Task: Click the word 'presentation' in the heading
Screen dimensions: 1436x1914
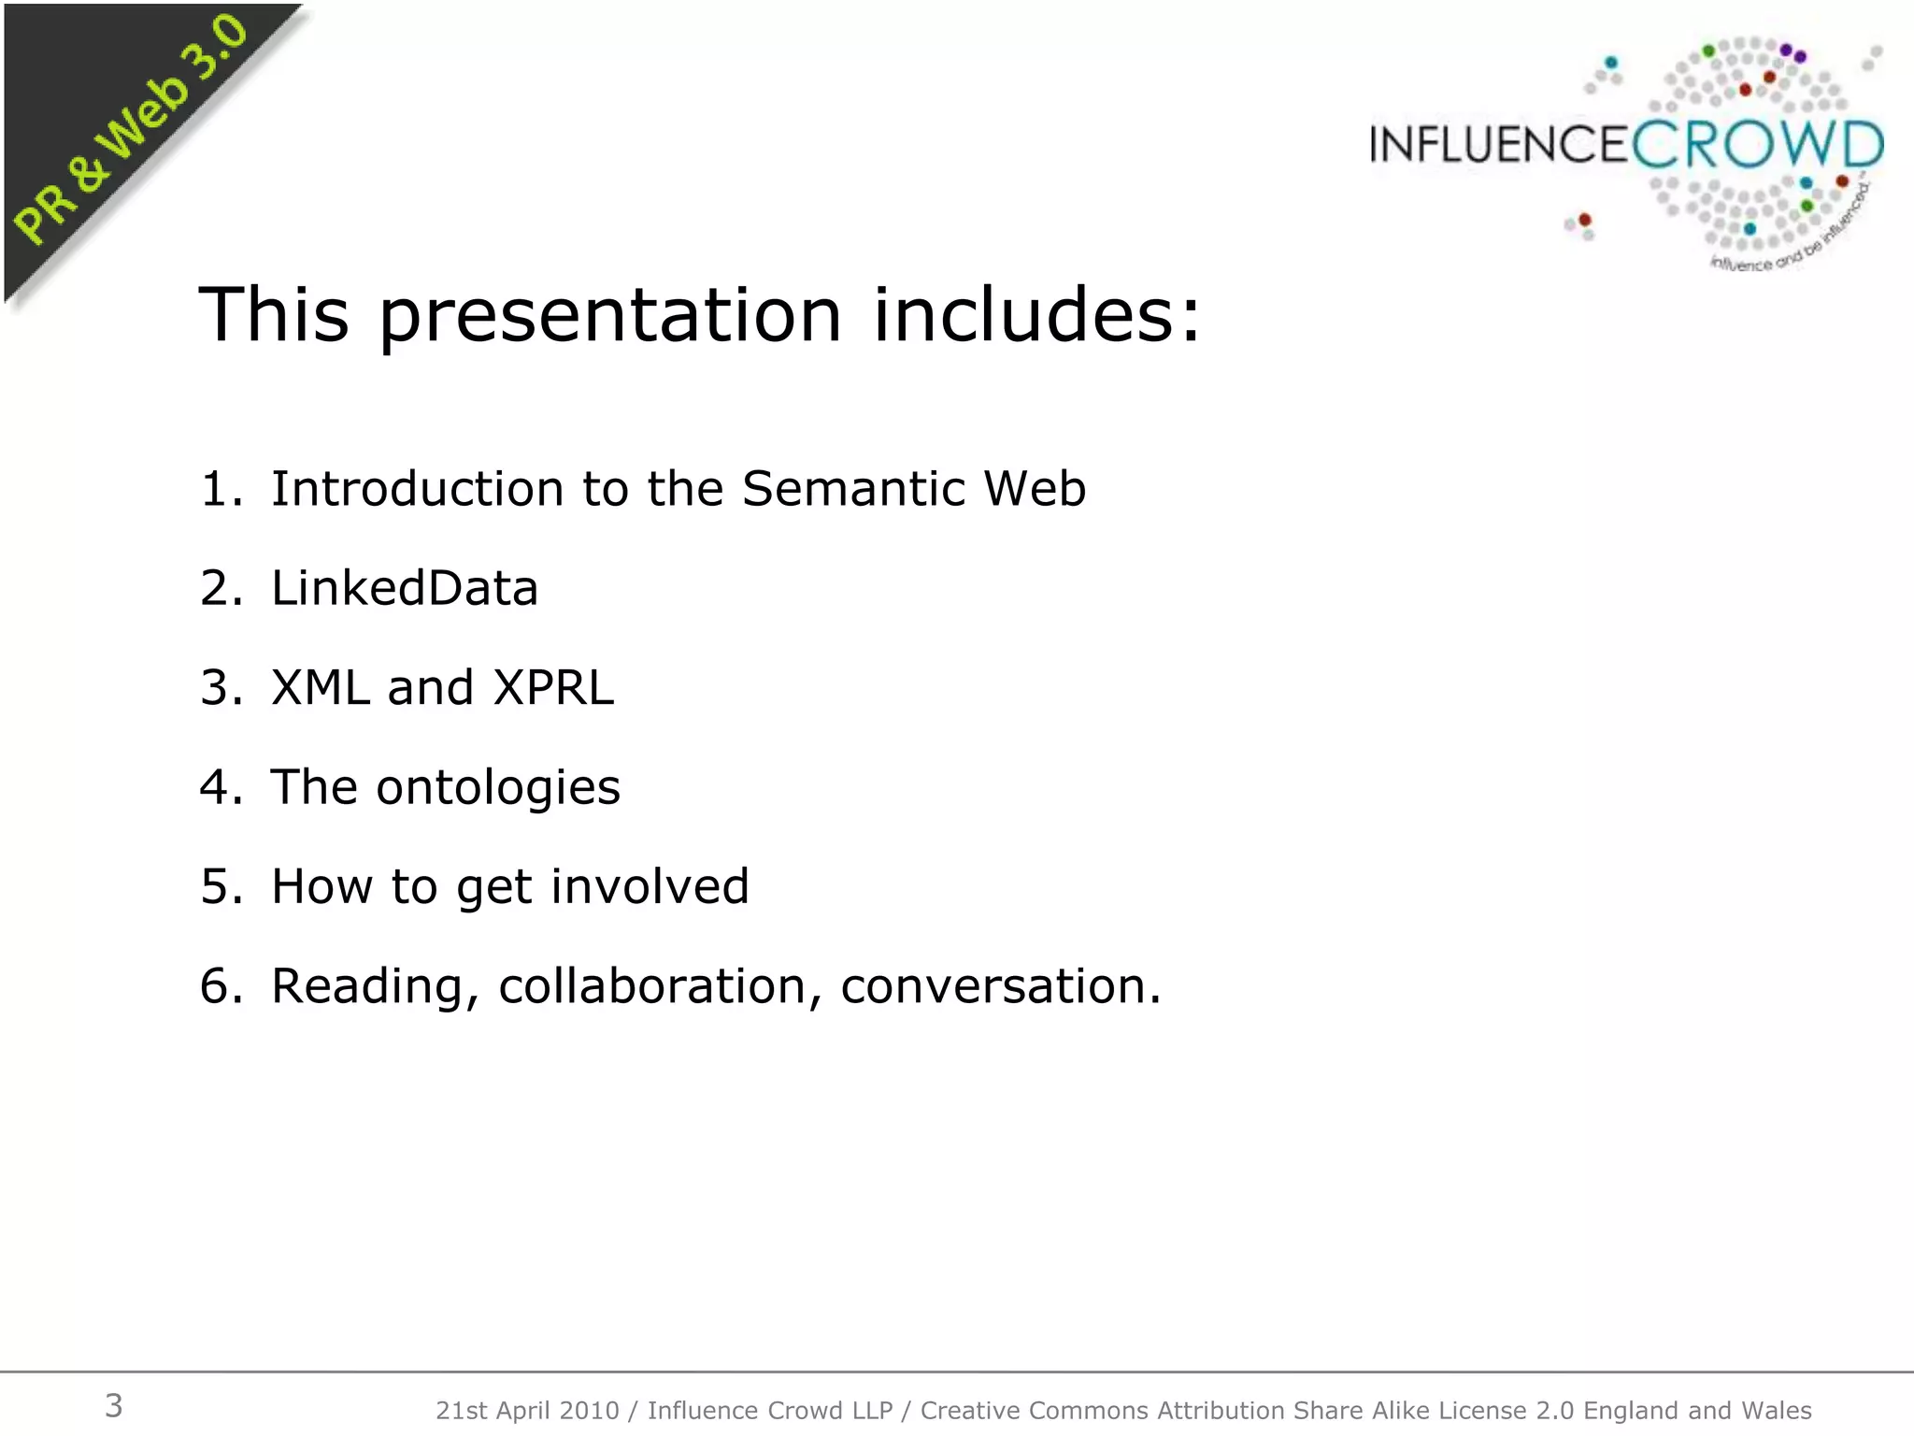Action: (x=609, y=316)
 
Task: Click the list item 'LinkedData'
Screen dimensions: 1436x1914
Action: (x=404, y=588)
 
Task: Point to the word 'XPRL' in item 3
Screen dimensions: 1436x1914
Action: (x=553, y=687)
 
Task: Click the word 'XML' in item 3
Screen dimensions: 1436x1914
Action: (x=320, y=687)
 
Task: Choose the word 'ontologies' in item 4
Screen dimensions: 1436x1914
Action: (x=498, y=787)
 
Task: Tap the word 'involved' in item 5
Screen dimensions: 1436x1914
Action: (x=650, y=886)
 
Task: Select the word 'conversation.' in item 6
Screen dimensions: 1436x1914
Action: (x=1000, y=986)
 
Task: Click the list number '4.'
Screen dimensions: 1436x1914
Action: (x=221, y=787)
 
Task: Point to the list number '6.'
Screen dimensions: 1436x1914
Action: (x=221, y=986)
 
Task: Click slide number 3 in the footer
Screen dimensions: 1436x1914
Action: (x=113, y=1406)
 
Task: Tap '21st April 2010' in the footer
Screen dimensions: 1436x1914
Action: (x=527, y=1411)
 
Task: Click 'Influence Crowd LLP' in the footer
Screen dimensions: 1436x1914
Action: (x=770, y=1411)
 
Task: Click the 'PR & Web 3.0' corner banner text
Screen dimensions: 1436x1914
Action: (x=131, y=131)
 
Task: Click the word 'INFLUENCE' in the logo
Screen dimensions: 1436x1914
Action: (x=1499, y=146)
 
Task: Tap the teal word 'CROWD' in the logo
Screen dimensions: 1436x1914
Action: (x=1757, y=145)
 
